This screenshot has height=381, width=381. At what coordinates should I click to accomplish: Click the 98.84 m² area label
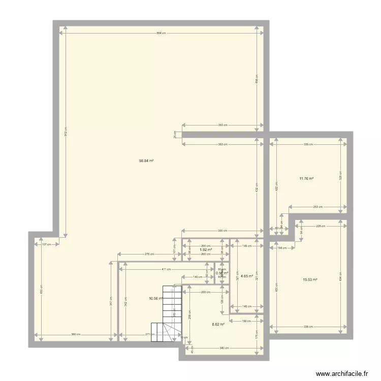click(x=146, y=161)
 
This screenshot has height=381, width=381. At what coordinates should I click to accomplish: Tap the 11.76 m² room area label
click(x=306, y=178)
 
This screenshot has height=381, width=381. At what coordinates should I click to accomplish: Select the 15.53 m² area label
click(x=310, y=279)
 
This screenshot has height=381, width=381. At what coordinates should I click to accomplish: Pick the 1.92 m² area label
click(x=206, y=249)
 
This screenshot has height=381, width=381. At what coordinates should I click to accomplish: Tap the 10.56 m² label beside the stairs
click(x=155, y=299)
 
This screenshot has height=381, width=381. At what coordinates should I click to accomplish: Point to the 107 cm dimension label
click(x=46, y=244)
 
